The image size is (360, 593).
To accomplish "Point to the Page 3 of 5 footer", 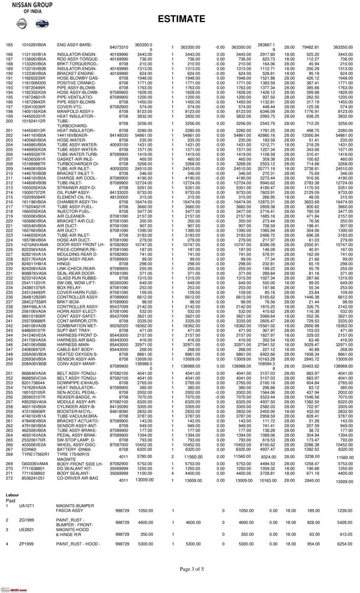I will [179, 568].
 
